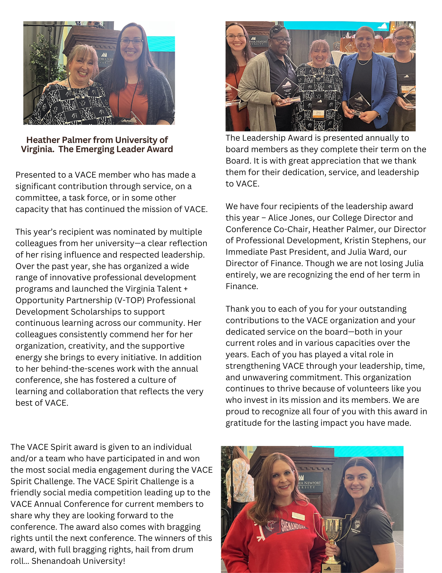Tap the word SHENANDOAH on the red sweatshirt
pyautogui.click(x=293, y=526)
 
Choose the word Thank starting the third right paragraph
pyautogui.click(x=236, y=309)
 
